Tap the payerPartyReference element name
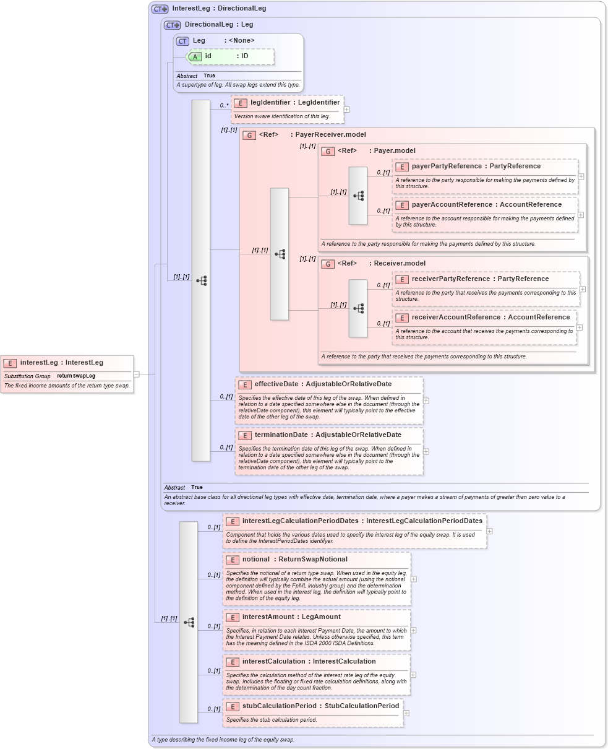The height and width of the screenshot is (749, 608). point(447,167)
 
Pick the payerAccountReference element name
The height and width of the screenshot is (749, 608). point(452,205)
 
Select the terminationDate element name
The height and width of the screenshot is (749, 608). point(281,435)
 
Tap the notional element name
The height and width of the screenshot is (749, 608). point(255,560)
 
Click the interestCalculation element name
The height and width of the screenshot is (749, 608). point(273,662)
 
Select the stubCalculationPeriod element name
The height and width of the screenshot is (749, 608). point(278,706)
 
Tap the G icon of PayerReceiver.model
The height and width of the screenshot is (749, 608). point(249,135)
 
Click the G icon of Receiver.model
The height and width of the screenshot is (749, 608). point(328,264)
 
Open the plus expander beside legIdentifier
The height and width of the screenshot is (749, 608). point(347,110)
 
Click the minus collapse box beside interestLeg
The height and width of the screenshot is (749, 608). point(136,374)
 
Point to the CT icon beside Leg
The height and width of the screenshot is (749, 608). point(182,41)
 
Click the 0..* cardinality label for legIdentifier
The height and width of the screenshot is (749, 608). point(224,105)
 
